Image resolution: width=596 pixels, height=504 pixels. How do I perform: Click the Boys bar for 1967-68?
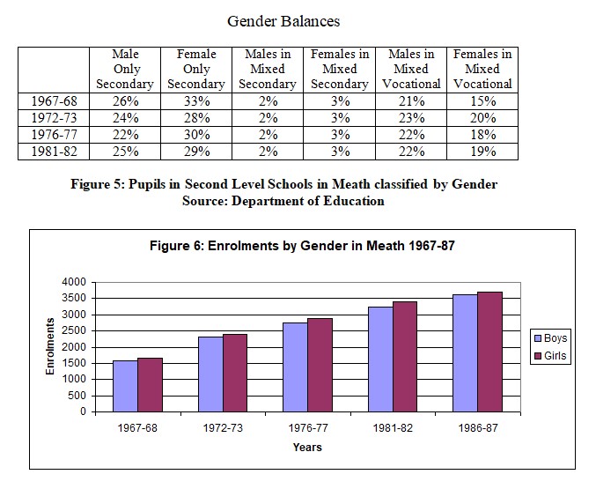tap(125, 386)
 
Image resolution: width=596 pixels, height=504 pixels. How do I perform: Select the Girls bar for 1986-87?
tap(490, 352)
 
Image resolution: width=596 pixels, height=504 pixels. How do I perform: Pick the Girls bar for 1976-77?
tap(320, 365)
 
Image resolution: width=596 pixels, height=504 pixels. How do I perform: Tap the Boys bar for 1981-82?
tap(380, 359)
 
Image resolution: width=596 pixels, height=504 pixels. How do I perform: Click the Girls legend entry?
tap(550, 356)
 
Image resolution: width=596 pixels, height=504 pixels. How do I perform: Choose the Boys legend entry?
tap(551, 338)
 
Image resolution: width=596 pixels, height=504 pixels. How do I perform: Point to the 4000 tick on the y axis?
tap(74, 282)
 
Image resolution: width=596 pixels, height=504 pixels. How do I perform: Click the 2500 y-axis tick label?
tap(74, 330)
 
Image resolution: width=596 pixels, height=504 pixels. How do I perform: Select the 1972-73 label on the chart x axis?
tap(223, 428)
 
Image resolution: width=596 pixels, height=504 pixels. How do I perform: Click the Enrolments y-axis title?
tap(50, 346)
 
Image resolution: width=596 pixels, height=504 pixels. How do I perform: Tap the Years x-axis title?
tap(307, 447)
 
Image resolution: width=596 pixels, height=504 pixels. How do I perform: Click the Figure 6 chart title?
tap(302, 246)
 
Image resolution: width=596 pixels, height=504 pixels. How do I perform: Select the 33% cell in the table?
tap(197, 101)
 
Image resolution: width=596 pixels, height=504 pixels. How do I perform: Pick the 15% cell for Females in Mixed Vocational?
tap(483, 101)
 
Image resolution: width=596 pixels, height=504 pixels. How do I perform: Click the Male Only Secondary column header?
tap(125, 69)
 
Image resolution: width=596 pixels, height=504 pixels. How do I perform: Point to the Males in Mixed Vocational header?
tap(411, 69)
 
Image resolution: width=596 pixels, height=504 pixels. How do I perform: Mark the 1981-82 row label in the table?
tap(54, 152)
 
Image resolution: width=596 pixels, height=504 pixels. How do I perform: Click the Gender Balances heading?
tap(283, 21)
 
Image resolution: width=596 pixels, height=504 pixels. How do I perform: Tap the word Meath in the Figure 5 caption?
tap(351, 184)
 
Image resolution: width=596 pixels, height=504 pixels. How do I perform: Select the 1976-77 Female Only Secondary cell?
tap(197, 135)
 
